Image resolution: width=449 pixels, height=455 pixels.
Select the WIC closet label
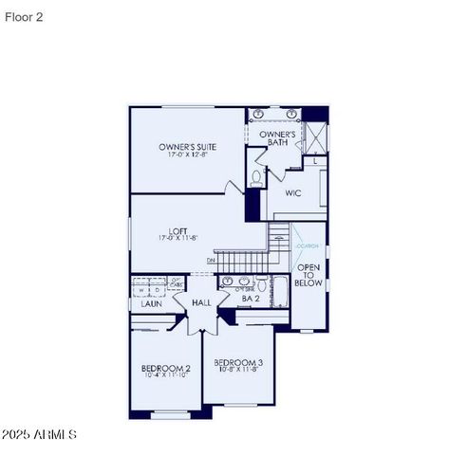(x=293, y=193)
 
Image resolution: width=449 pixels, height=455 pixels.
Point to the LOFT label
(x=178, y=229)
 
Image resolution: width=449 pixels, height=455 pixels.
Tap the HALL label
(x=201, y=302)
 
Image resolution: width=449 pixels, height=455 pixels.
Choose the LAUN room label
(x=152, y=304)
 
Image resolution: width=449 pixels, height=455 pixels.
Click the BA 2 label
(x=251, y=299)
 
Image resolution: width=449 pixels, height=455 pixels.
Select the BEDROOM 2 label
(x=166, y=368)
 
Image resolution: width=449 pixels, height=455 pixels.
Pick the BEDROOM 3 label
(x=238, y=362)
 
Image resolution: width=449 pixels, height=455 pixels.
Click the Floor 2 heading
(x=23, y=16)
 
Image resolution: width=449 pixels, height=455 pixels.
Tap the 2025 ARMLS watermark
(x=39, y=434)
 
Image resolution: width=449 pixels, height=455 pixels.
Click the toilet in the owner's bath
(x=256, y=177)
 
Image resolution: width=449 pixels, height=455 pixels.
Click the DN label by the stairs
(x=211, y=260)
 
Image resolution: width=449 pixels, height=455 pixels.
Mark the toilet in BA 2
(x=227, y=282)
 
